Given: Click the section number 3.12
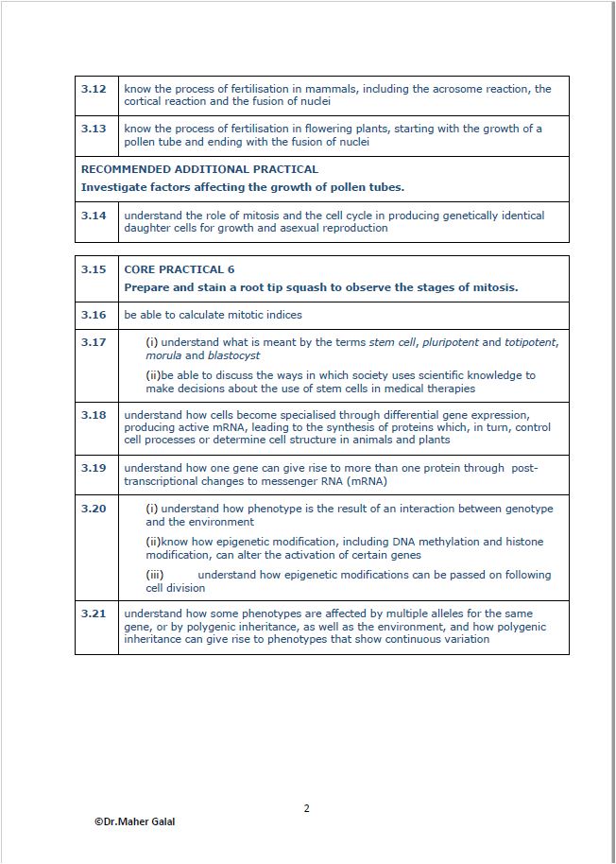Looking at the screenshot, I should pos(93,89).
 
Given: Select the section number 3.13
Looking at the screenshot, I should pos(93,129).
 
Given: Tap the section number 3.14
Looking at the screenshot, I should pos(93,216).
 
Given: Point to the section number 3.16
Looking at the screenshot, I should pos(93,315).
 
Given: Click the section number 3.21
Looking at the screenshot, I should pos(93,613).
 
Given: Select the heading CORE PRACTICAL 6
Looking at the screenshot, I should pos(179,269).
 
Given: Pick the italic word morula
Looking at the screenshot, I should pos(163,355).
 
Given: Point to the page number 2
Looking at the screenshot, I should pos(307,808).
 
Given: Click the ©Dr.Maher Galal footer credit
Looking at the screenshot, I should pos(134,821).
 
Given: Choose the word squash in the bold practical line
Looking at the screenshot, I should pos(289,287).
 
